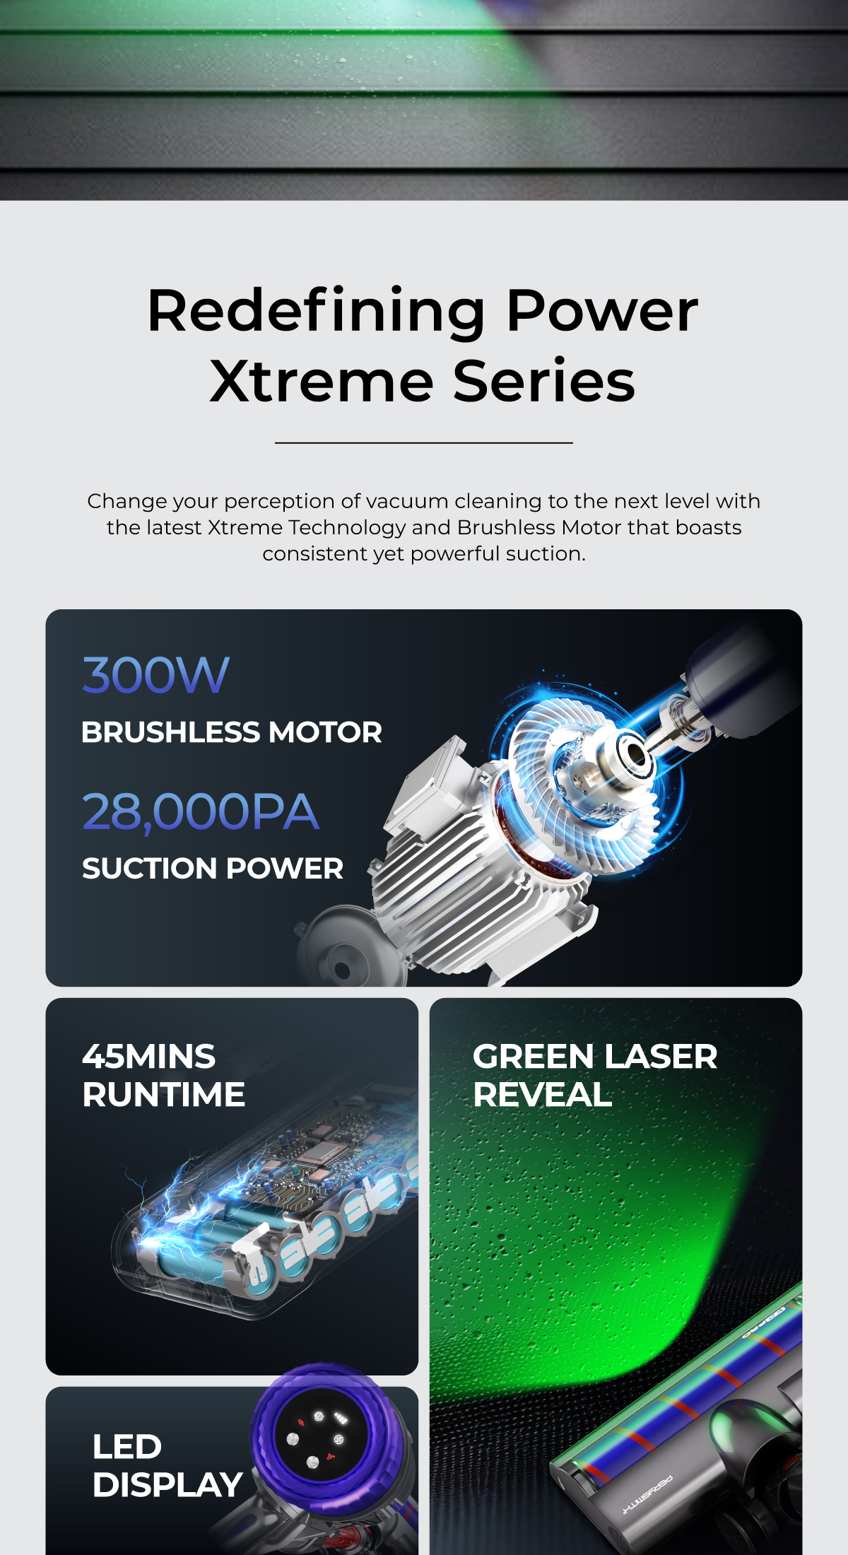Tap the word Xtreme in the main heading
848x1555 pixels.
(322, 382)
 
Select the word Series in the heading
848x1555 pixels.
(544, 382)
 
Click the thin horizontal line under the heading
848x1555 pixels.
(424, 443)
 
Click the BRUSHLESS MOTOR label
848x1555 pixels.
(232, 732)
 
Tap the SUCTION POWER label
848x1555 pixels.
(213, 869)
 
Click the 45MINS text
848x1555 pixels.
(149, 1057)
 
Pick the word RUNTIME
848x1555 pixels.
(164, 1095)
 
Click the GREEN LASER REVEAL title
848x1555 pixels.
(595, 1076)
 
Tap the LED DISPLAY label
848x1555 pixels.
(167, 1465)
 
